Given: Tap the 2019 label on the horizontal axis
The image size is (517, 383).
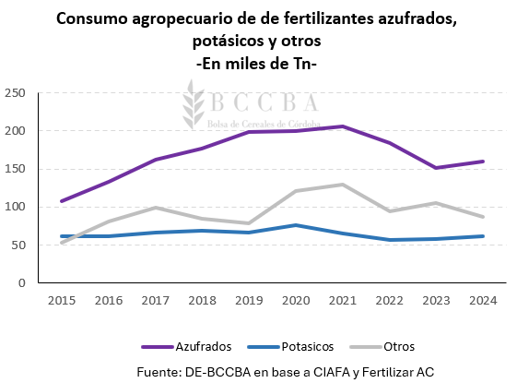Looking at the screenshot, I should pos(249,300).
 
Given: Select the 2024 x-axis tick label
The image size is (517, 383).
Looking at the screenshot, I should pos(483,300).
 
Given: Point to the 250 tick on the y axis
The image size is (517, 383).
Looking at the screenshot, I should pos(15,93).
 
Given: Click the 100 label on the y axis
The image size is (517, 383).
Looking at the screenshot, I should pos(15,207).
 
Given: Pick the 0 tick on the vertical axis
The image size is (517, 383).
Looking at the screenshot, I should pos(21,282).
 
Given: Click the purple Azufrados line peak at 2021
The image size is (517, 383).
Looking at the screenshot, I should pos(342,126).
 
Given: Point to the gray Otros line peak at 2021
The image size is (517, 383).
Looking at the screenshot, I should pos(342,185).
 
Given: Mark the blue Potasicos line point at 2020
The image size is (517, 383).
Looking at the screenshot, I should pos(295,225).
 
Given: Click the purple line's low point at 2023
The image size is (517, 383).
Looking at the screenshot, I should pos(436,168).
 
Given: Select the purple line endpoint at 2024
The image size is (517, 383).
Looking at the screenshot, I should pos(483,162).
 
